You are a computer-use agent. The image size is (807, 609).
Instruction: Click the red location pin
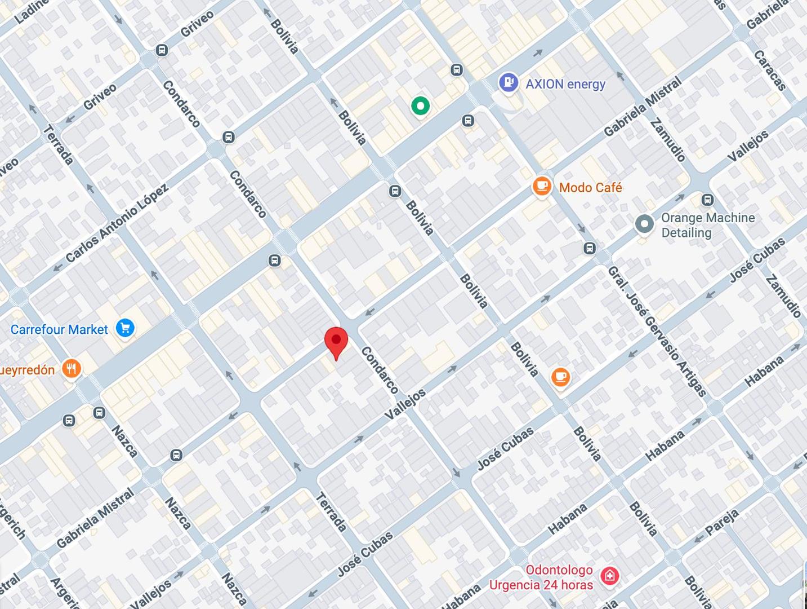336,341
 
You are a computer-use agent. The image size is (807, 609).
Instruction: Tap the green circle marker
420,105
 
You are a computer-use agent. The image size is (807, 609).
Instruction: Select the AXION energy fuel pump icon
508,83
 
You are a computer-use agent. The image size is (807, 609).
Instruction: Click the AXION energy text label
565,84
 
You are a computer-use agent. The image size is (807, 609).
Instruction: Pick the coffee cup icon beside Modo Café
542,187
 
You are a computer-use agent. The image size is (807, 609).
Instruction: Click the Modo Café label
590,188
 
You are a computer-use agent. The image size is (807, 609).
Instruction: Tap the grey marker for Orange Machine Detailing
644,224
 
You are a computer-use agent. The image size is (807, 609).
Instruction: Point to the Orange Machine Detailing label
707,225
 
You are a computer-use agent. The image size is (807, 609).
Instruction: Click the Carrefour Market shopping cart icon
125,328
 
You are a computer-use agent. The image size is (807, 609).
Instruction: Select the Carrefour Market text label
59,329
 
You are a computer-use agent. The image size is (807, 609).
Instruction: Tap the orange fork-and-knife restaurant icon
71,369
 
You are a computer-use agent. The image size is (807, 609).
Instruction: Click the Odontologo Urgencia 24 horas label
541,577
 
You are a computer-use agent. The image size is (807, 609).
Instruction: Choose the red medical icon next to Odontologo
609,576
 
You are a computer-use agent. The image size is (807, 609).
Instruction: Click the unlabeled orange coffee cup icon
560,377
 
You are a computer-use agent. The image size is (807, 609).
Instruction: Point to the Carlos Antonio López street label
117,223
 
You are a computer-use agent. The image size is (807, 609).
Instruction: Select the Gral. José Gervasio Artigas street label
657,332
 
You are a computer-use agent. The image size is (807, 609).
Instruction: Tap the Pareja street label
721,522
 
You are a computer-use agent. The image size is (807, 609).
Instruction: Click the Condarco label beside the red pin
379,370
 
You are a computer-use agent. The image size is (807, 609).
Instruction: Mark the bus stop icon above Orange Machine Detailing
708,200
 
